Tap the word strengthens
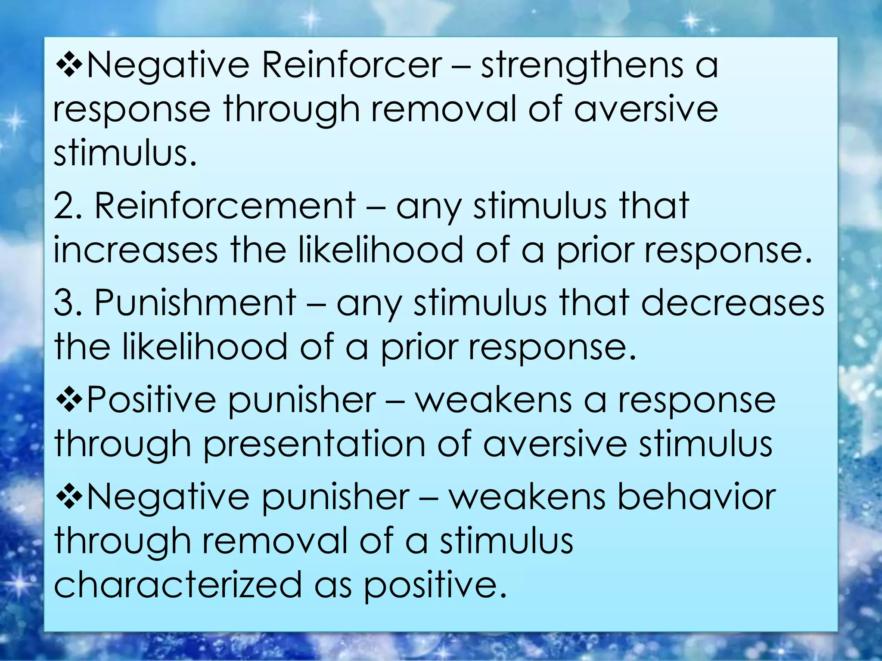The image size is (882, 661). click(x=582, y=67)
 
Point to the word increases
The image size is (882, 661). click(x=136, y=250)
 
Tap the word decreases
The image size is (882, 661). click(x=733, y=303)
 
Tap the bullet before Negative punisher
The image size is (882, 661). click(x=69, y=497)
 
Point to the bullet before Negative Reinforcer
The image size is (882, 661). click(x=69, y=66)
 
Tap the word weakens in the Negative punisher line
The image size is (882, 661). click(x=527, y=497)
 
